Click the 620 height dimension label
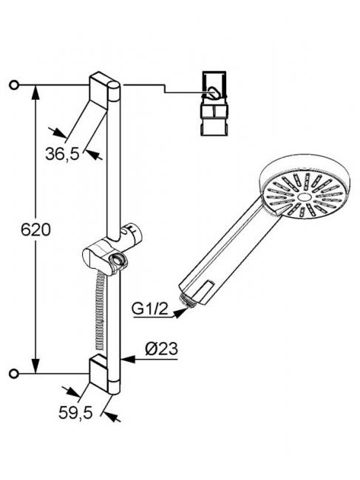(x=35, y=230)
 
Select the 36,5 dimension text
(x=62, y=154)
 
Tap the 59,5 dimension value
(x=75, y=413)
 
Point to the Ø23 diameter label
(x=161, y=349)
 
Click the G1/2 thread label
(x=150, y=309)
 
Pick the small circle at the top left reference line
(x=14, y=85)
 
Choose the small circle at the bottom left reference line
(x=14, y=374)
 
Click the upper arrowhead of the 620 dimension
(x=35, y=92)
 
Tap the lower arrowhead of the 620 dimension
(x=35, y=366)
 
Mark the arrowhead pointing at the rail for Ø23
(x=128, y=359)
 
